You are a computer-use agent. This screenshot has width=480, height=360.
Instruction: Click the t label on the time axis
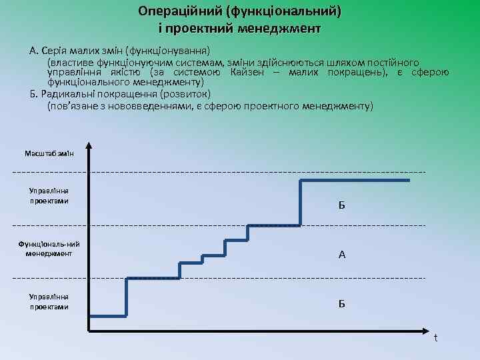pyautogui.click(x=435, y=337)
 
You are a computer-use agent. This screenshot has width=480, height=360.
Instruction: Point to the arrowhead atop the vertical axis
pyautogui.click(x=89, y=146)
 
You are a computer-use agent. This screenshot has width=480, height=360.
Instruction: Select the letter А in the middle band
pyautogui.click(x=341, y=254)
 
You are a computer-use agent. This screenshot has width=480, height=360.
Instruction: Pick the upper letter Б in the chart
pyautogui.click(x=341, y=205)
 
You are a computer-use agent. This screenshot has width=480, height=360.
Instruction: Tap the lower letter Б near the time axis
pyautogui.click(x=341, y=304)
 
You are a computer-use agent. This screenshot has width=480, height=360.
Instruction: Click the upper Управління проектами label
pyautogui.click(x=49, y=195)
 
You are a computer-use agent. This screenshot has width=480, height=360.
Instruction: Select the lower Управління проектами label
pyautogui.click(x=49, y=301)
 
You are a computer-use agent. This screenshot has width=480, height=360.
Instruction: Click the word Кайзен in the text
pyautogui.click(x=251, y=72)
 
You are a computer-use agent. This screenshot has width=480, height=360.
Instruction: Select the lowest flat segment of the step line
pyautogui.click(x=107, y=316)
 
